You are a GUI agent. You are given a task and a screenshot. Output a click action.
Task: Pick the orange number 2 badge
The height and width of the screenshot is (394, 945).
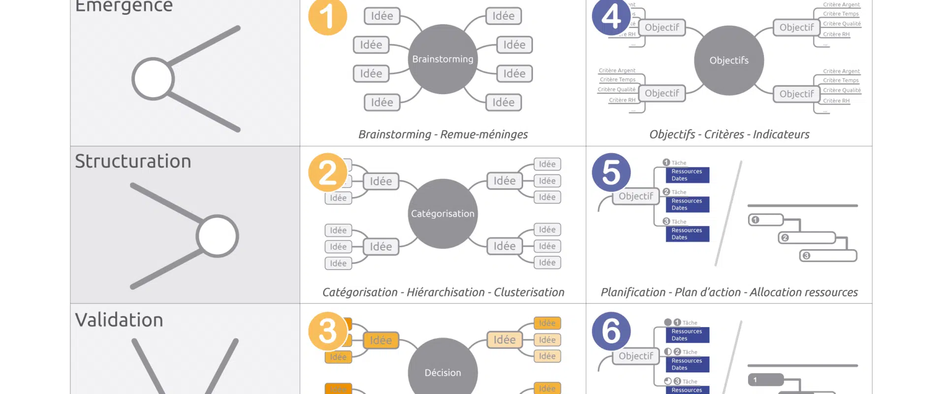[x=327, y=172]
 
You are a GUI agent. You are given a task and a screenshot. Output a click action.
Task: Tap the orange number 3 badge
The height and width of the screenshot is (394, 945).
[x=327, y=331]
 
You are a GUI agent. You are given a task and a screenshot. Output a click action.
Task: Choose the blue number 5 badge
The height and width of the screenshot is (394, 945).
[x=611, y=172]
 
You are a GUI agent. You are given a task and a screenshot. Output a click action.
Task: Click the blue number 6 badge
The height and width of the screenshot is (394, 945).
[x=611, y=331]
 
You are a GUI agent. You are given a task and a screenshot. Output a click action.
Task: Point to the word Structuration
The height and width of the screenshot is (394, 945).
[x=133, y=162]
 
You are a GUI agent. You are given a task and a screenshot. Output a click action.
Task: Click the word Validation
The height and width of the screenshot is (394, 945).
[x=119, y=320]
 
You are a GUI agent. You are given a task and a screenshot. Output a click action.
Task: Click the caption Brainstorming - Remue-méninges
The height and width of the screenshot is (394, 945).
[x=442, y=134]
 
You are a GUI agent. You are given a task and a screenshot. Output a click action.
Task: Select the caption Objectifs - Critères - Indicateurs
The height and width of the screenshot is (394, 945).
[x=729, y=134]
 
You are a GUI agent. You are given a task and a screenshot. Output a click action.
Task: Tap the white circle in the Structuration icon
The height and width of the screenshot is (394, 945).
[x=217, y=236]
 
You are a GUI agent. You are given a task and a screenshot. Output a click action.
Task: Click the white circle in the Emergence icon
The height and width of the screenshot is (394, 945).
[x=153, y=79]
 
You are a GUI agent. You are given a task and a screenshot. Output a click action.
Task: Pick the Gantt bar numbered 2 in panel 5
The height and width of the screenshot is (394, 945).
[x=807, y=238]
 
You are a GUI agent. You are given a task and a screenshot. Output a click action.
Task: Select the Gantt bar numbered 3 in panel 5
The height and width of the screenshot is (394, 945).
[x=828, y=256]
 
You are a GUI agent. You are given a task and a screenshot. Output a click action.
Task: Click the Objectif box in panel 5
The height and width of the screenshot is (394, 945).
[x=635, y=197]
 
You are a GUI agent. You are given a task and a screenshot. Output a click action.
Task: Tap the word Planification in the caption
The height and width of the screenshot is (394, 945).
[x=633, y=293]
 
